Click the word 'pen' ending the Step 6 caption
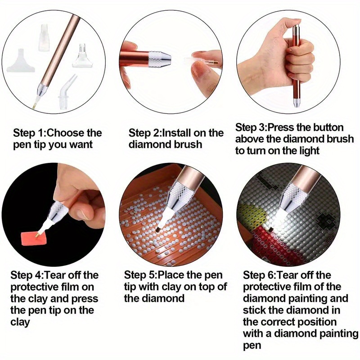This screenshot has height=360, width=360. pos(252,345)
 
